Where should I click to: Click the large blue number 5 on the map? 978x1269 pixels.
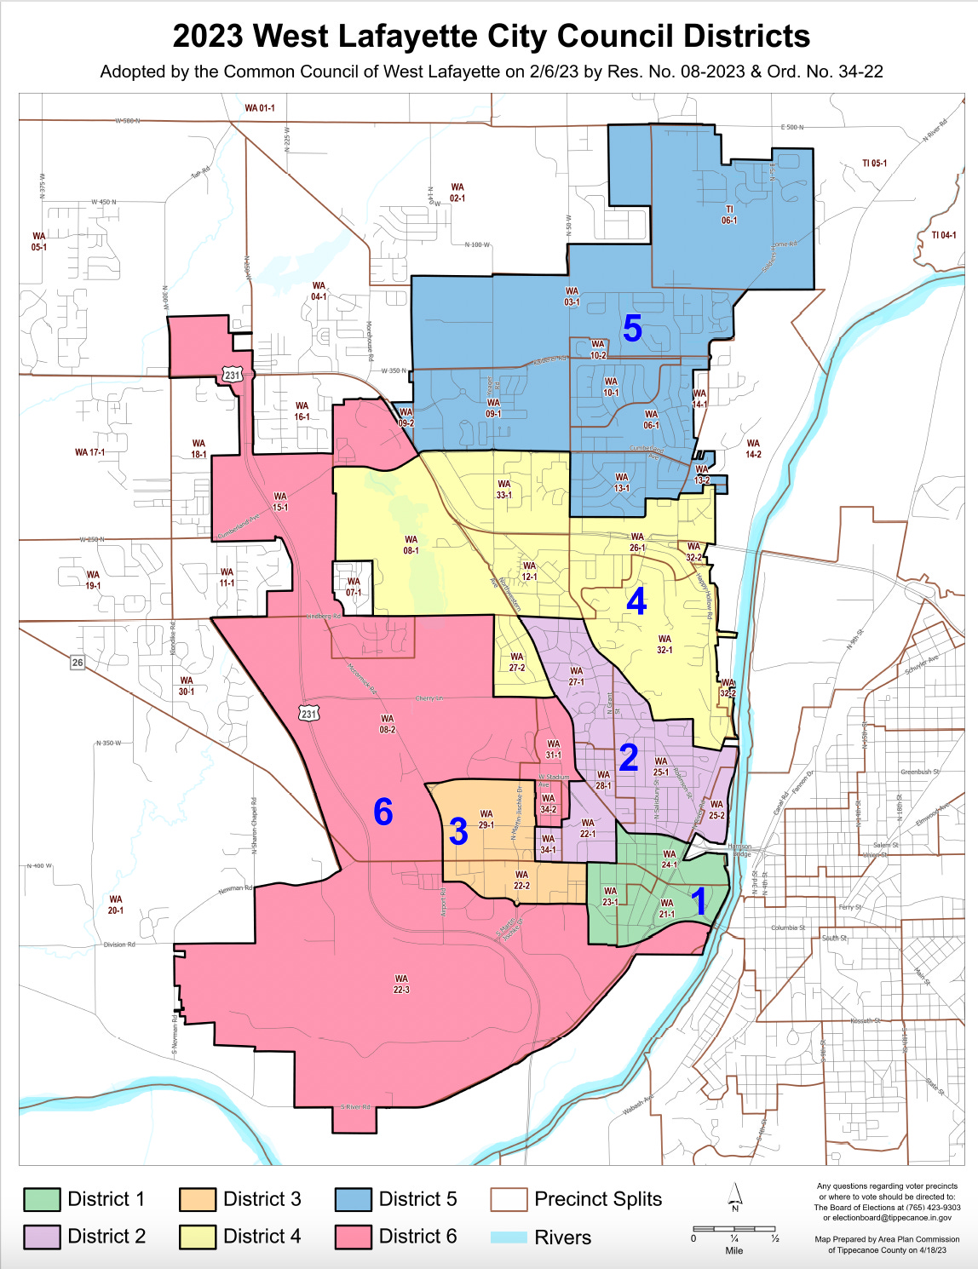click(x=632, y=329)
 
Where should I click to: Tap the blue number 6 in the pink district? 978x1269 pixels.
click(x=383, y=813)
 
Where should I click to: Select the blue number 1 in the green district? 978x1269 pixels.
click(x=699, y=901)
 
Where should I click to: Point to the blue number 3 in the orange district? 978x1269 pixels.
click(x=458, y=831)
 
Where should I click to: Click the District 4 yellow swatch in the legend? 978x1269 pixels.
click(x=198, y=1237)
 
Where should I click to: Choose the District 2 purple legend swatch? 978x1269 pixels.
click(x=42, y=1237)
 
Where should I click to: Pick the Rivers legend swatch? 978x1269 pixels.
click(x=509, y=1237)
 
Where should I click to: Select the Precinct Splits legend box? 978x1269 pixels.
click(x=509, y=1199)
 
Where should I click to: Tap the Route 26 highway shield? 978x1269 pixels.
click(x=78, y=663)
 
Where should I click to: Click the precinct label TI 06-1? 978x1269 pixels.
click(x=729, y=215)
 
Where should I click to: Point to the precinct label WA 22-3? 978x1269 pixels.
click(x=401, y=985)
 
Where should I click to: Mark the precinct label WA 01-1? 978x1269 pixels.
click(x=260, y=108)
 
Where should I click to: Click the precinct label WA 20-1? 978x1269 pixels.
click(x=116, y=904)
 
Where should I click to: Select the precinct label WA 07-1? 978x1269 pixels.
click(x=354, y=587)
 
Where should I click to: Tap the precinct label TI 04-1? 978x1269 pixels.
click(x=943, y=235)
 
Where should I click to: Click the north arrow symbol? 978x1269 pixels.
click(x=735, y=1197)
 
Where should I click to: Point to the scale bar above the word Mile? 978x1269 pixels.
click(x=733, y=1229)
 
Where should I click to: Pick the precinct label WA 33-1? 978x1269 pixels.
click(x=504, y=489)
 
